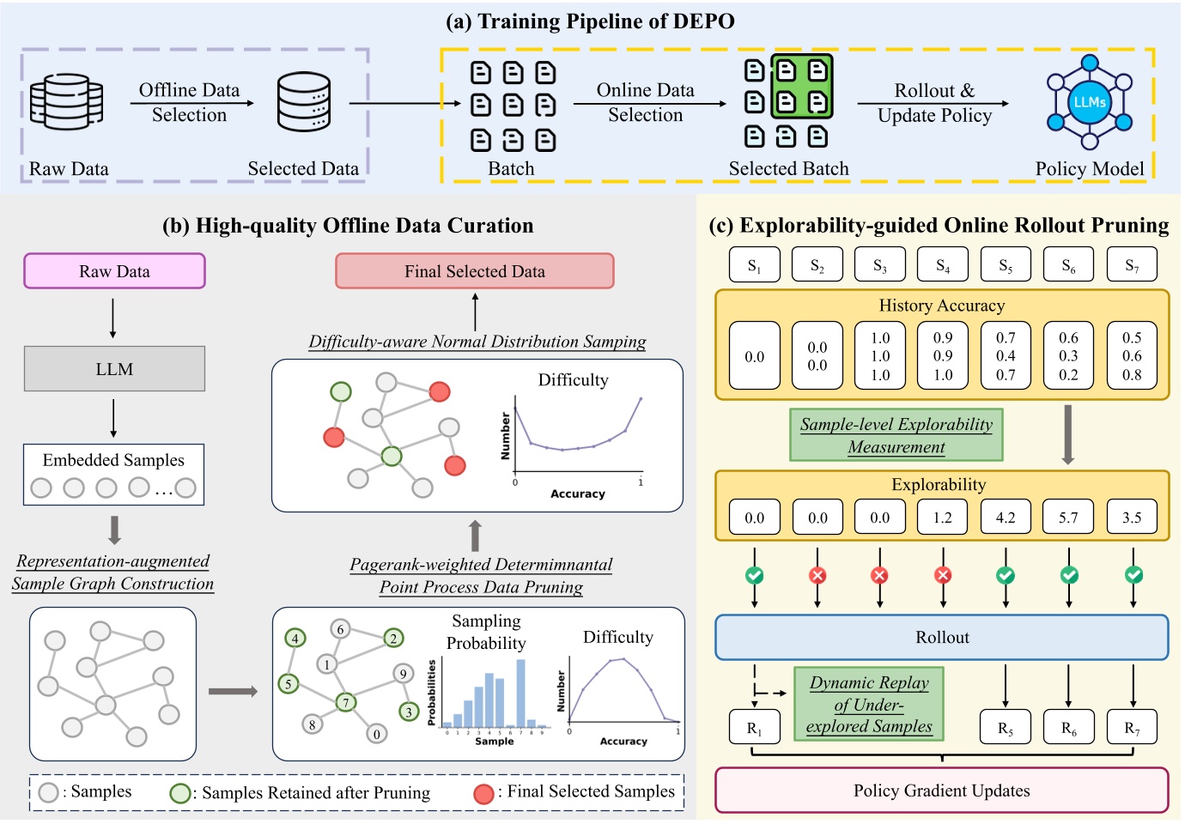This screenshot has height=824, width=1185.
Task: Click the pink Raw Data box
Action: coord(114,271)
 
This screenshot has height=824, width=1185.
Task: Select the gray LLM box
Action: coord(114,369)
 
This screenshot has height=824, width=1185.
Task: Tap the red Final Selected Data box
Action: coord(474,271)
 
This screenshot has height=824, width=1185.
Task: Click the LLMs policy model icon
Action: coord(1089,103)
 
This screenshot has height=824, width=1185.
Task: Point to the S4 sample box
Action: coord(942,265)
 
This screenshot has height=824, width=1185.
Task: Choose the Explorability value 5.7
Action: coord(1068,518)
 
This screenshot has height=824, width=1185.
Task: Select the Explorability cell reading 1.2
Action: coord(942,518)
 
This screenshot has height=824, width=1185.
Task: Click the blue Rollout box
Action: coord(941,637)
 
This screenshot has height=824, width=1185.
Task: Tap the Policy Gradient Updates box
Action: coord(941,791)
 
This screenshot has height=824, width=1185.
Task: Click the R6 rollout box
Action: coord(1068,728)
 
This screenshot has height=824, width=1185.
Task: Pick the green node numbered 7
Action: coord(346,702)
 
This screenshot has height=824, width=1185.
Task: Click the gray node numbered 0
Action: coord(376,734)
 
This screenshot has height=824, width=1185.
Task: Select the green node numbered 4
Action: coord(295,639)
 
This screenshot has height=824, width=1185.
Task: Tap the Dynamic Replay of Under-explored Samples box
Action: coord(869,705)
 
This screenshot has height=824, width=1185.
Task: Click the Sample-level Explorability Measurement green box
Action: coord(896,435)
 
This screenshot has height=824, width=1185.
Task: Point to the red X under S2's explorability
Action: coord(817,575)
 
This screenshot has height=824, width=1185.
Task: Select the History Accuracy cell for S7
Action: coord(1131,356)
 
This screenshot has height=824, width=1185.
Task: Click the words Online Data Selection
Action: coord(645,102)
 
